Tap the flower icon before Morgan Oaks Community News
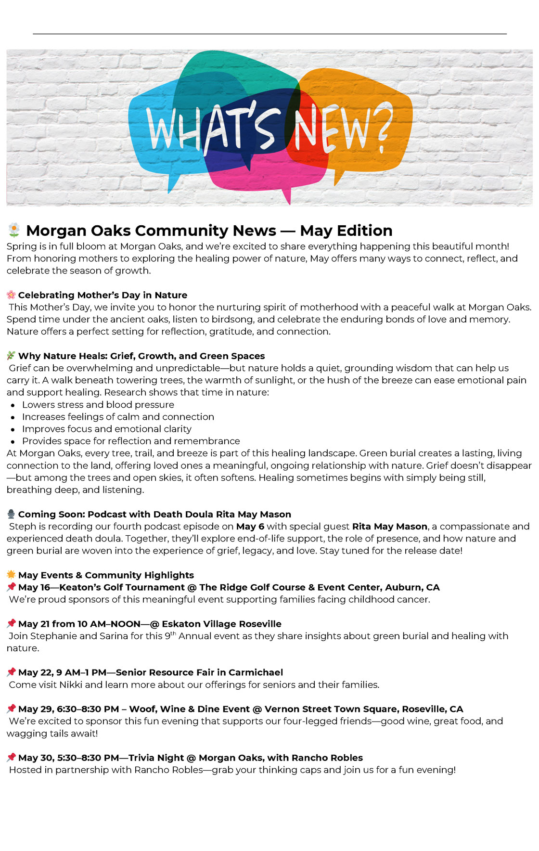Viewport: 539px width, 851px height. click(14, 231)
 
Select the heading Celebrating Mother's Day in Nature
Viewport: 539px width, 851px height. click(103, 295)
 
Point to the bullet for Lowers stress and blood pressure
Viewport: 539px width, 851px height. click(13, 405)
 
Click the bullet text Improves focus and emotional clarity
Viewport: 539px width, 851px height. click(106, 429)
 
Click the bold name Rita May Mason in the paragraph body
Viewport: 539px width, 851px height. click(390, 527)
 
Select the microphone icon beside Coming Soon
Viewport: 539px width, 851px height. click(11, 514)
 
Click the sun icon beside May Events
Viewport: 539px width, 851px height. click(11, 575)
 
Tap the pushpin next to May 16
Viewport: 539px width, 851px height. click(11, 587)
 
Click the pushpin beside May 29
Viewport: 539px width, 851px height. click(11, 709)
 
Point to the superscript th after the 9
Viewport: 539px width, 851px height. click(174, 633)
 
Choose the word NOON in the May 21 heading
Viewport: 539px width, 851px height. click(126, 624)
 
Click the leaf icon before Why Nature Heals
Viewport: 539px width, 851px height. click(11, 356)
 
